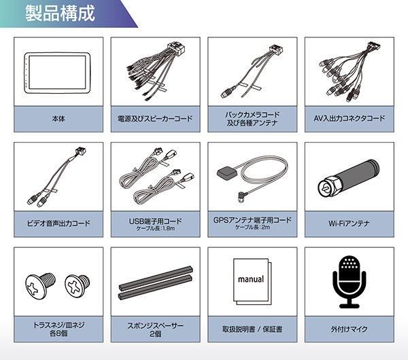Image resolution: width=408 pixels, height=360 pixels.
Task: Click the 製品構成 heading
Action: pos(60,14)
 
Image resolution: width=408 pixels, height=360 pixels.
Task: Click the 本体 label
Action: pos(58,118)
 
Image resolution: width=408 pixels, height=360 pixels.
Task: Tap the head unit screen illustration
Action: pos(57,72)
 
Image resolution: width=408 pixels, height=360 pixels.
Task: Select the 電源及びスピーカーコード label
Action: pos(156,118)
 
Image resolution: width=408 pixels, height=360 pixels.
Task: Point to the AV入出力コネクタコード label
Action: pos(350,118)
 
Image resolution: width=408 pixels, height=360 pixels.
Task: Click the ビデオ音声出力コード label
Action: pos(58,223)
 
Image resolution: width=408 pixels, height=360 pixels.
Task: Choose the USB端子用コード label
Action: pos(156,220)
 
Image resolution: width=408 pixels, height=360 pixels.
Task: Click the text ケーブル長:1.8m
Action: pos(156,228)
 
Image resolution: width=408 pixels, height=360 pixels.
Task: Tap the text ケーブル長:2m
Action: pos(252,228)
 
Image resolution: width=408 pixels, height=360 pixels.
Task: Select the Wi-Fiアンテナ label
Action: pos(350,223)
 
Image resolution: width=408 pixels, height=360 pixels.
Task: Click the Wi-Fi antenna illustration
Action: pos(349,178)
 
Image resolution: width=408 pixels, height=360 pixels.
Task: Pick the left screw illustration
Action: pos(39,283)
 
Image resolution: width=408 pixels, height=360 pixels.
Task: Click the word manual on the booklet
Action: pos(251,278)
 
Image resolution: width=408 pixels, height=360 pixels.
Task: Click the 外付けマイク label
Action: pos(350,329)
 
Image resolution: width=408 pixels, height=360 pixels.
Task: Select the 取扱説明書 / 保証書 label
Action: pos(252,329)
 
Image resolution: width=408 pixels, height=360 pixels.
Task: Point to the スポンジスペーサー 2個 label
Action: pos(156,329)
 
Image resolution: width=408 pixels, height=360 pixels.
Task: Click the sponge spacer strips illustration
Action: pos(156,286)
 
